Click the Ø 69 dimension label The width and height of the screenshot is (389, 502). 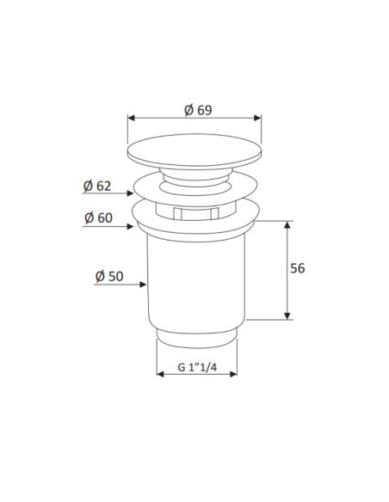[x=198, y=110]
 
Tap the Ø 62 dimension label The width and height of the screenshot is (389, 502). [x=97, y=186]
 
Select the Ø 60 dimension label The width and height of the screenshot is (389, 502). [x=98, y=217]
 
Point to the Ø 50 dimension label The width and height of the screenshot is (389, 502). [x=109, y=276]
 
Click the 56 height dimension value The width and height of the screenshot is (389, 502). [x=298, y=268]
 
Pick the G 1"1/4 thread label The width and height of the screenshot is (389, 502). [x=197, y=367]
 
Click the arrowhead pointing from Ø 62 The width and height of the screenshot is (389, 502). [x=130, y=193]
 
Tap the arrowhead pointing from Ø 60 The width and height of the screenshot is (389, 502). [x=130, y=227]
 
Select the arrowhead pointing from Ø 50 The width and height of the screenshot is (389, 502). [x=143, y=285]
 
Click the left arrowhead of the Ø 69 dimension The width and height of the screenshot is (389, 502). [x=131, y=118]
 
